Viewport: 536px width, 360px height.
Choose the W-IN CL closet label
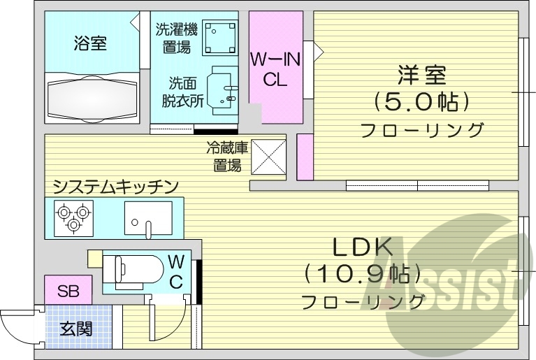275,69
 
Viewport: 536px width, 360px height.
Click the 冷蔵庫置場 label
226,157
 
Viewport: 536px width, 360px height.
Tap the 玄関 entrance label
75,327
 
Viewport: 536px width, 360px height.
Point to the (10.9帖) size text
361,274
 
